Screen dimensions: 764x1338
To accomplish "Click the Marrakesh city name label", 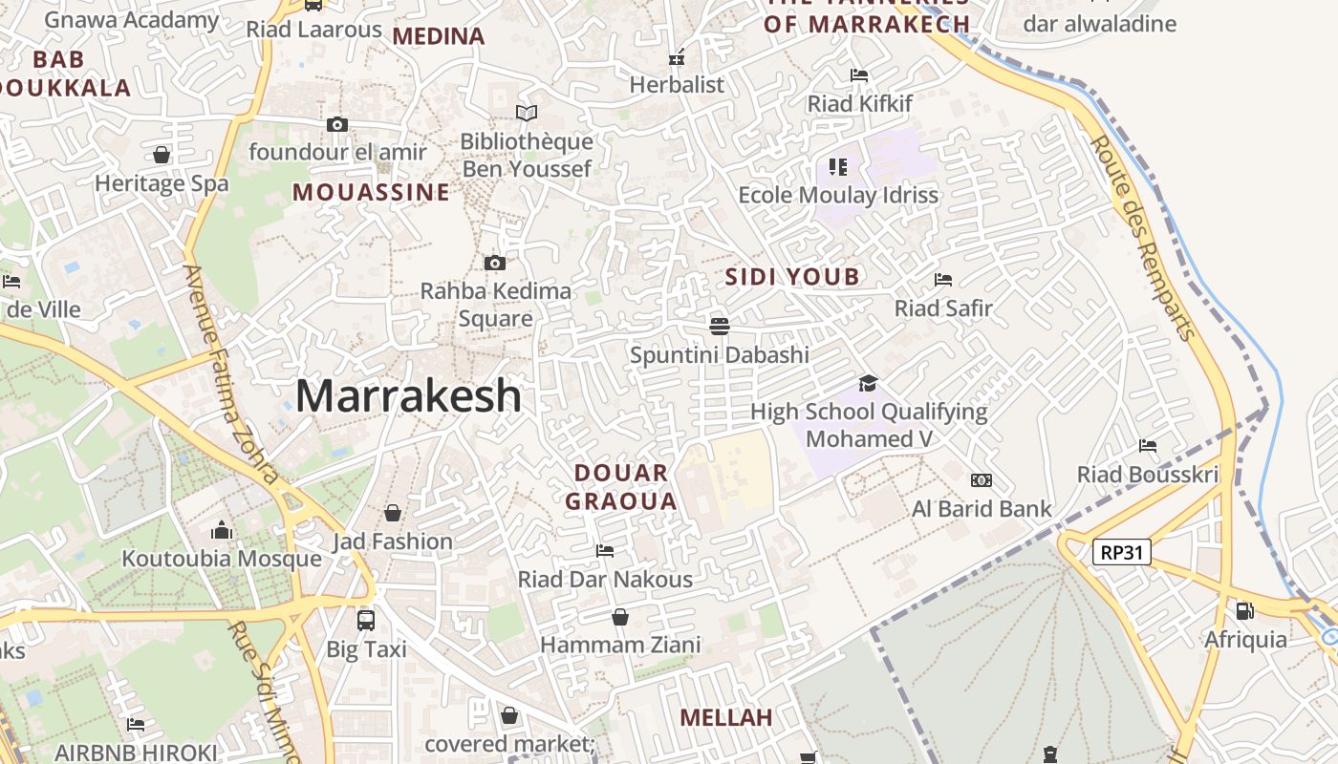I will tap(408, 396).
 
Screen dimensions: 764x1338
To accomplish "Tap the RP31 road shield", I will tap(1122, 552).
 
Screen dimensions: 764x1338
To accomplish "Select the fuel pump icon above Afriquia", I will tap(1244, 610).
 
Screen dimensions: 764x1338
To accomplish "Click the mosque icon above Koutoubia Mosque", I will tap(222, 529).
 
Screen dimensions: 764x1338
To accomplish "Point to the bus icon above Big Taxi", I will tap(366, 620).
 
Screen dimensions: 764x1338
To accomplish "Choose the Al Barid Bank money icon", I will tap(982, 480).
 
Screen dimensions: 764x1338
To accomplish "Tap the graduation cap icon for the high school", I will tap(868, 383).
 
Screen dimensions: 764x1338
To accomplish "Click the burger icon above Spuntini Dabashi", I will tap(720, 327).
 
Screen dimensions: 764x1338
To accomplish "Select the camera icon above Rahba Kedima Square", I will tap(495, 263).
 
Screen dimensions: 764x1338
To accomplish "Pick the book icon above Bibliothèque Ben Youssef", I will tap(527, 114).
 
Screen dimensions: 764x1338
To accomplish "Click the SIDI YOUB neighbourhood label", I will tap(792, 277).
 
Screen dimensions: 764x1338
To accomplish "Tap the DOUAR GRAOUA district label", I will tap(621, 487).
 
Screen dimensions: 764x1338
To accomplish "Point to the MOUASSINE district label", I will tap(371, 192).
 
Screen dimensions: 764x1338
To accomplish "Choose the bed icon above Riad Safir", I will tap(943, 280).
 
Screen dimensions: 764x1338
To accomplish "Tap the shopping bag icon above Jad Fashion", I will tap(392, 513).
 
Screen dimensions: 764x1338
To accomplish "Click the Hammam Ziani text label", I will tap(620, 645).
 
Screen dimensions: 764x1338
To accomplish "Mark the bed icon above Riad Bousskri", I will tap(1148, 446).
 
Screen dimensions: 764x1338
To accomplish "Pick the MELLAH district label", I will tap(725, 717).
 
